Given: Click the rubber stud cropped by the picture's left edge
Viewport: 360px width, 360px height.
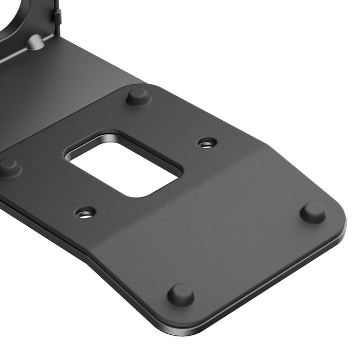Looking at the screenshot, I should pos(8,167).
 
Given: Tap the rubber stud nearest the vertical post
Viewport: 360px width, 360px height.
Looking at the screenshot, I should pos(138,96).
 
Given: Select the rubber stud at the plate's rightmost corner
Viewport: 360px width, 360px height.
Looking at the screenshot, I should pos(313,212).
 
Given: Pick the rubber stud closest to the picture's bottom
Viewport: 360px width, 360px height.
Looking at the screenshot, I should pos(181,295).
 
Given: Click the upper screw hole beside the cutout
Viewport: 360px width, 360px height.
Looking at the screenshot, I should pos(207,143).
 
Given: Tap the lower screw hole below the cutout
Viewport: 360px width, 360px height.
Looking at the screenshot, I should pos(85,212).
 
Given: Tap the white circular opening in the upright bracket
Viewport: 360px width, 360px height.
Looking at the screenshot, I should pos(13,13).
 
